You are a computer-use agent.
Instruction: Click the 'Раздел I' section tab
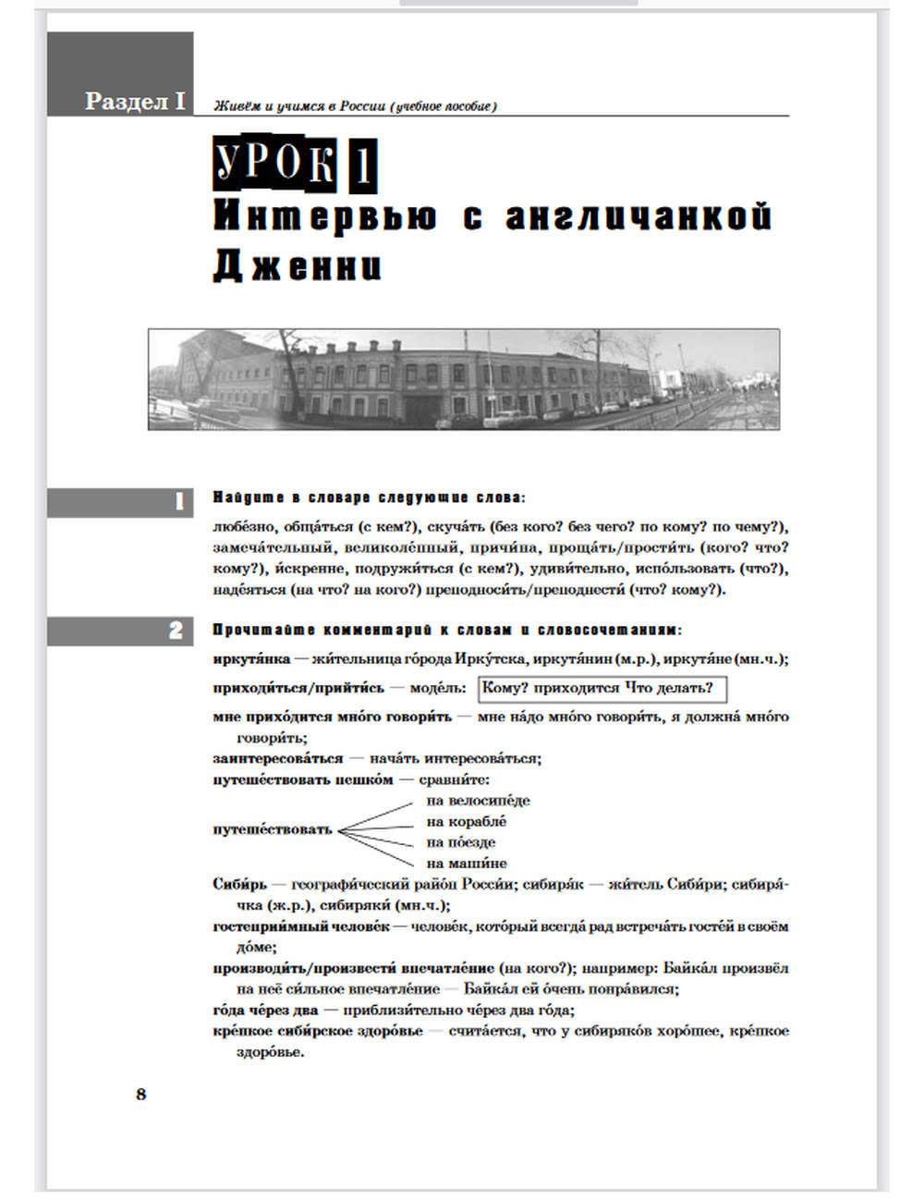click(134, 101)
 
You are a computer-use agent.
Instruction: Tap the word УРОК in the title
click(274, 164)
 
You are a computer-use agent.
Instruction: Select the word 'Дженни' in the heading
click(297, 266)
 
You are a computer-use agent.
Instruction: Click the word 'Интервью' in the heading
click(324, 216)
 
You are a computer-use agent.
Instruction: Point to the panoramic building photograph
click(463, 379)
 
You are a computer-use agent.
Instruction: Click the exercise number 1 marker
click(179, 502)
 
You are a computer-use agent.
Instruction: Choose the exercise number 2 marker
click(176, 631)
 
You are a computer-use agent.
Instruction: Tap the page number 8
click(140, 1094)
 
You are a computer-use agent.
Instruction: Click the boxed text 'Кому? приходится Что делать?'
click(602, 688)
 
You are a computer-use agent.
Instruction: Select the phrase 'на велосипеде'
click(478, 801)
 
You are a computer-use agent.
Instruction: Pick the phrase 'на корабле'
click(466, 822)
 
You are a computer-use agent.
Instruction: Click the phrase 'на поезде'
click(460, 842)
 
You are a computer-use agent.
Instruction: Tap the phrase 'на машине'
click(466, 864)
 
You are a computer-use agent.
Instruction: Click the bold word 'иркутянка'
click(251, 659)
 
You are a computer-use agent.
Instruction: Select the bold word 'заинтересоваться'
click(277, 758)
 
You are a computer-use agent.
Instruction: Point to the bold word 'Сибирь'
click(239, 884)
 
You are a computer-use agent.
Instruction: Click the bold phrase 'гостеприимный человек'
click(301, 926)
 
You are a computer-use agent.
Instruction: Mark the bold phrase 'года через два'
click(265, 1010)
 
